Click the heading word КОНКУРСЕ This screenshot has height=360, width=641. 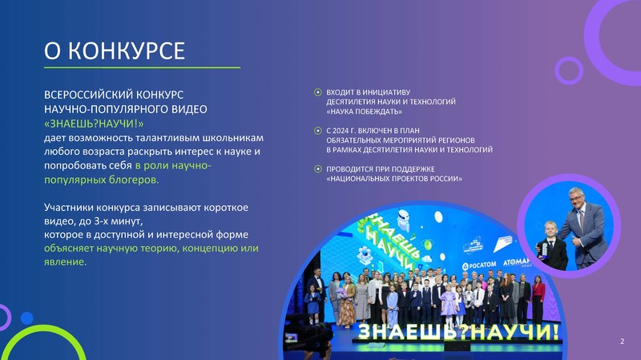tap(127, 51)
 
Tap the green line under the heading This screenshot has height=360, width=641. tap(143, 67)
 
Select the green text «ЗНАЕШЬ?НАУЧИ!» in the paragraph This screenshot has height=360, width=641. tap(94, 123)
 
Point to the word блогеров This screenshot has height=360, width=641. tap(134, 180)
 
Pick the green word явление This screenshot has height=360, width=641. tap(66, 262)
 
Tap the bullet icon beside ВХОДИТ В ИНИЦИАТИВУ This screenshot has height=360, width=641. tap(317, 92)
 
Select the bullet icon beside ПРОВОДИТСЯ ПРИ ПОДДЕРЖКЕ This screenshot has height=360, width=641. tap(317, 169)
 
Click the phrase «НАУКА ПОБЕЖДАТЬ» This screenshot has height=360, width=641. tap(365, 111)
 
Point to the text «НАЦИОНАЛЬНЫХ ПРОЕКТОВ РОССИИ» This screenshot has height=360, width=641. tap(394, 179)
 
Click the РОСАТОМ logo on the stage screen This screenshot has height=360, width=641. tap(479, 265)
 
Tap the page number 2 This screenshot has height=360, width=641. tap(623, 342)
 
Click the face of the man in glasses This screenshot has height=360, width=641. tap(577, 200)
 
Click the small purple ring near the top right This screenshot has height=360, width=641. tap(569, 71)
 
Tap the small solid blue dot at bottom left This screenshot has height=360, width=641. tap(27, 318)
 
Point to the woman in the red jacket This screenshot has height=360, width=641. tap(538, 299)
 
